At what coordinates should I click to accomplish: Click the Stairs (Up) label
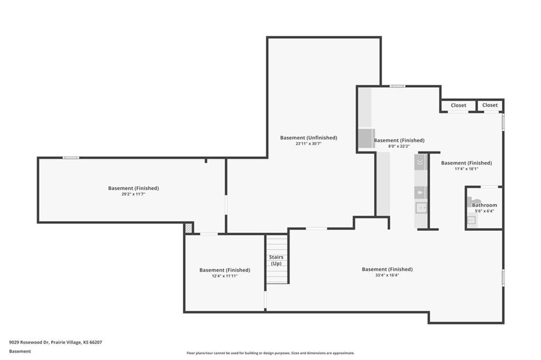[276, 260]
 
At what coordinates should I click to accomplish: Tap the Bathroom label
[484, 205]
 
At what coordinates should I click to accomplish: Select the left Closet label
[458, 105]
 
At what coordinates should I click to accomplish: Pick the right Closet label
[490, 105]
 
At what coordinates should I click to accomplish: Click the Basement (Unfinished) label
[309, 138]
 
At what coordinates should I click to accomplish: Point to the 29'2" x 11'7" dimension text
[133, 194]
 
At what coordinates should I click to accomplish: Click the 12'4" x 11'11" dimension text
[225, 276]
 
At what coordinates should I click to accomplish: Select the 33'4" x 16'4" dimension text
[387, 275]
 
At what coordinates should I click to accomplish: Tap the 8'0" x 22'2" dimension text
[399, 146]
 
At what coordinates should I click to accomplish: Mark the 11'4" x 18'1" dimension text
[467, 169]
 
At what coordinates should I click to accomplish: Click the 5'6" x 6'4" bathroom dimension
[484, 211]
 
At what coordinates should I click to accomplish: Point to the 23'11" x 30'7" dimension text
[309, 144]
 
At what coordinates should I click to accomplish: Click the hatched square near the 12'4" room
[189, 228]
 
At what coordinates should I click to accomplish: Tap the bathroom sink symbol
[471, 220]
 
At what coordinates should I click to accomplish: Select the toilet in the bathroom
[474, 201]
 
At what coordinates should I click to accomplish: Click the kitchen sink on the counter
[421, 208]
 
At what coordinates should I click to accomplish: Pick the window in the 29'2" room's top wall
[71, 158]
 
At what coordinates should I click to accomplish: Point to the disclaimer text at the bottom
[270, 353]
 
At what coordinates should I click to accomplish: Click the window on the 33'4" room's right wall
[503, 277]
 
